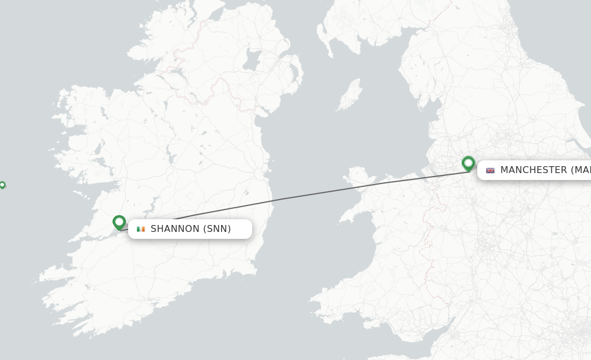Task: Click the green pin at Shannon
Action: (119, 222)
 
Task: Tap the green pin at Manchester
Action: (468, 163)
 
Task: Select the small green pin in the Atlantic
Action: (2, 185)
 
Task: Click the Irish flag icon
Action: (141, 229)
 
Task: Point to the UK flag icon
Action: (490, 170)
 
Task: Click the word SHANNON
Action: (175, 229)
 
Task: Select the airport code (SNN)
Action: (217, 229)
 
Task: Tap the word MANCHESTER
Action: (533, 170)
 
